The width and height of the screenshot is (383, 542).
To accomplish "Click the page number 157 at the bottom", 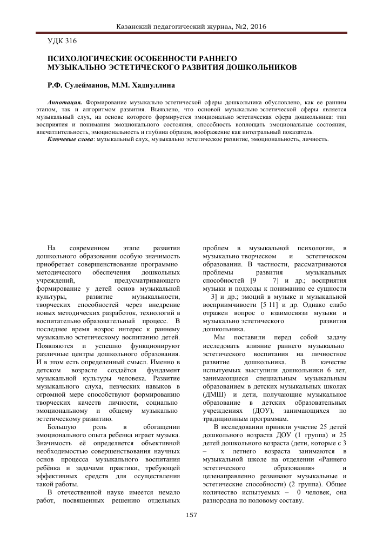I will click(x=191, y=514).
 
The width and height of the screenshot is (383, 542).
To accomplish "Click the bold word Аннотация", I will click(x=64, y=102).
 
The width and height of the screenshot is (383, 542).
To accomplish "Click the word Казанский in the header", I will click(x=133, y=26).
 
